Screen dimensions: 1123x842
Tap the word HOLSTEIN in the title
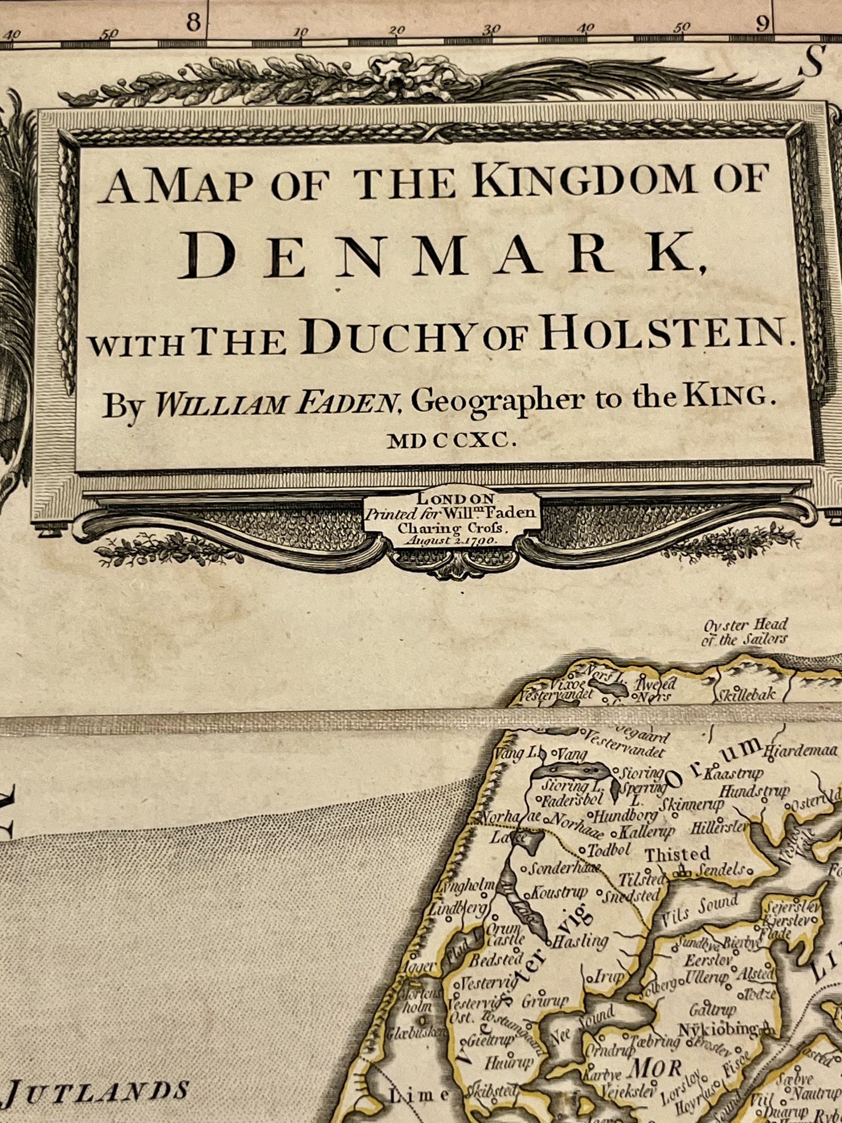point(659,337)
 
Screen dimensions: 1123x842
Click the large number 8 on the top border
point(193,23)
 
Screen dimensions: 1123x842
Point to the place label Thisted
point(677,854)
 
